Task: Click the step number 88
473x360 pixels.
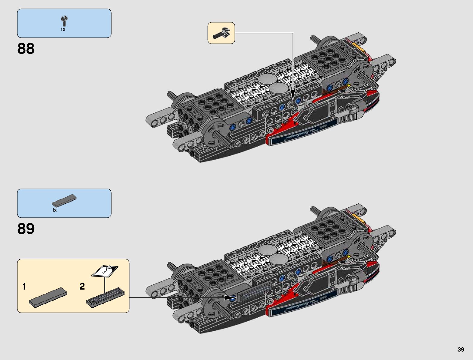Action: click(x=26, y=49)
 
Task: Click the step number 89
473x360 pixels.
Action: click(x=26, y=229)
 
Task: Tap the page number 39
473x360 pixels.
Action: click(x=461, y=349)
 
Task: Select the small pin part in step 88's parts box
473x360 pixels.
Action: click(x=64, y=21)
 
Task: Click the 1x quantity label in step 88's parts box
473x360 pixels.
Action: click(x=63, y=29)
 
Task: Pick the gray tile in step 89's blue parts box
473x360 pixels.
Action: click(x=64, y=200)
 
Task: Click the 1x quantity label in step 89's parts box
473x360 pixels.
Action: click(x=54, y=210)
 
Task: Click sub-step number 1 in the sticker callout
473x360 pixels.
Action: click(x=24, y=286)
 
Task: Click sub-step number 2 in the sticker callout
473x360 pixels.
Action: click(x=82, y=286)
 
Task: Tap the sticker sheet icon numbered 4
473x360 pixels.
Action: click(x=105, y=271)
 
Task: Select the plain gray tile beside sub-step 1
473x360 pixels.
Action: click(x=48, y=297)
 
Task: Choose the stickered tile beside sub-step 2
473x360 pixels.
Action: click(x=105, y=297)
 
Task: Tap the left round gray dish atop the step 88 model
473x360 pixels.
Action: click(x=267, y=79)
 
